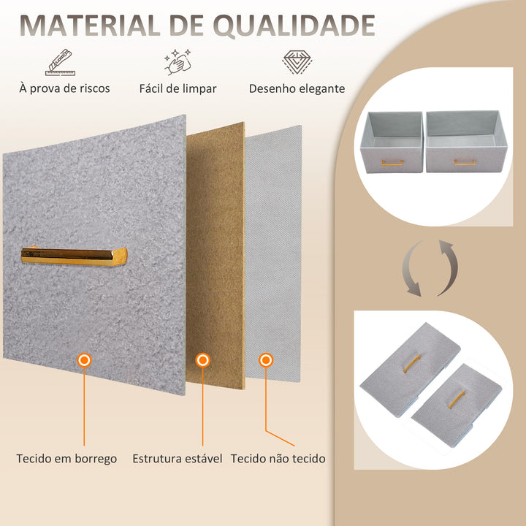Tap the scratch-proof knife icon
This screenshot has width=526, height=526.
click(64, 64)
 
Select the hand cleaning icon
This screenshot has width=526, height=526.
click(178, 64)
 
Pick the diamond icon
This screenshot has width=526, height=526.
click(297, 64)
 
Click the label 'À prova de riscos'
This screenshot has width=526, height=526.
click(64, 88)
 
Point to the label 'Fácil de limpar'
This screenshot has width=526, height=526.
click(178, 88)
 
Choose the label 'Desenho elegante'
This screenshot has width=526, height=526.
click(297, 88)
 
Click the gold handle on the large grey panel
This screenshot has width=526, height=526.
click(73, 256)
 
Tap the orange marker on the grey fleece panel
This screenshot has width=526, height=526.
click(84, 360)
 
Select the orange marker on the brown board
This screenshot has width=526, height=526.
click(203, 360)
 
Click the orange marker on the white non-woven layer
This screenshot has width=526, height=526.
click(266, 360)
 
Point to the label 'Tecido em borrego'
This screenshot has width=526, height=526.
click(66, 459)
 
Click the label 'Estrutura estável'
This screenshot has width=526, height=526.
click(178, 459)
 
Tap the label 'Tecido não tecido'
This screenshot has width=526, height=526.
click(278, 459)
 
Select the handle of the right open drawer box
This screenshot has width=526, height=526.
click(465, 162)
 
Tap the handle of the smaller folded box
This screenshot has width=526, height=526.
click(457, 400)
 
